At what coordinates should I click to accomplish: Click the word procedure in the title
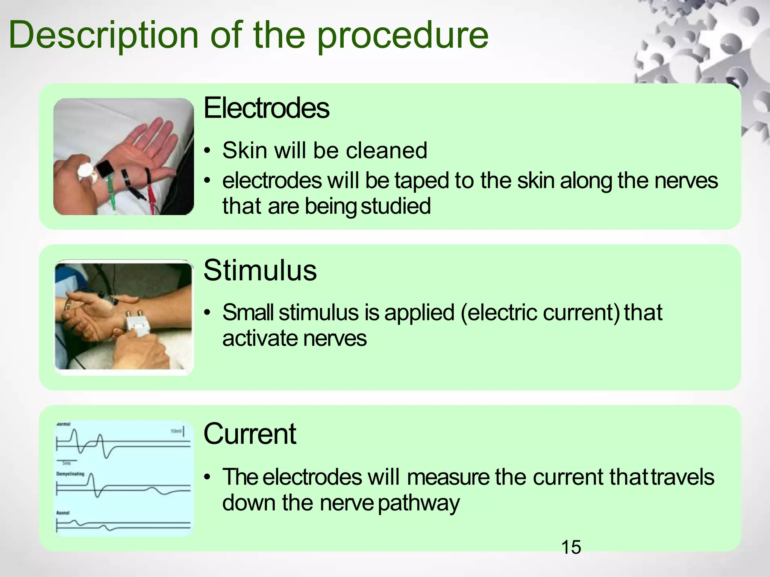click(x=402, y=36)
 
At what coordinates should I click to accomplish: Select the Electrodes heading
click(x=266, y=108)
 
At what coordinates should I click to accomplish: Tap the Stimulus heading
click(x=260, y=270)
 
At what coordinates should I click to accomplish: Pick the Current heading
click(x=250, y=434)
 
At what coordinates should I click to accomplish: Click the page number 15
click(x=571, y=547)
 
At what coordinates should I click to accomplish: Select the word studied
click(x=396, y=206)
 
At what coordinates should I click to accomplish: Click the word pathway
click(x=418, y=503)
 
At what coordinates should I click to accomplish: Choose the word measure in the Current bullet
click(x=448, y=477)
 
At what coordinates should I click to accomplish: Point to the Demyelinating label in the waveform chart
click(x=70, y=474)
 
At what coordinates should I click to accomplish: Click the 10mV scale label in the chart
click(x=176, y=431)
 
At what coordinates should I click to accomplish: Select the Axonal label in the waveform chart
click(x=63, y=513)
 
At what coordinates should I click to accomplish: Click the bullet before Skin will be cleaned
click(x=207, y=151)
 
